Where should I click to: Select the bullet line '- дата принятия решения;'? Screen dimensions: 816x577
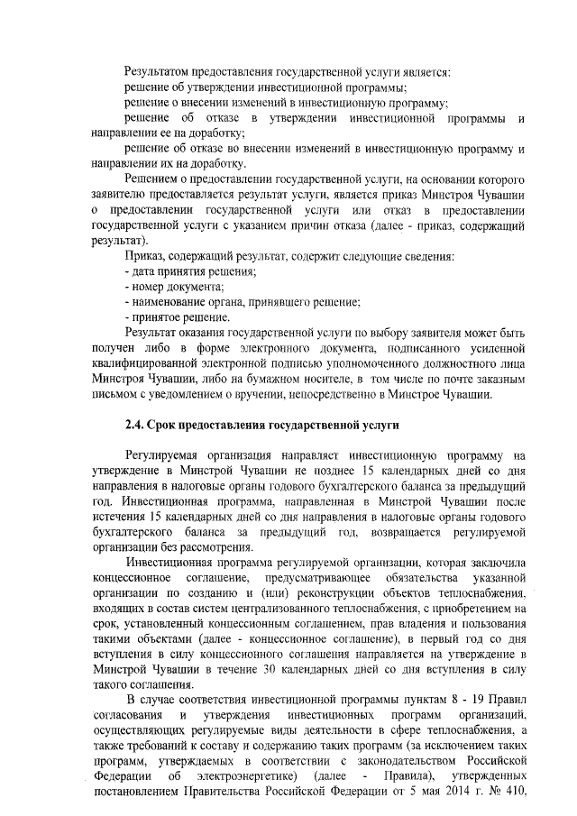[190, 271]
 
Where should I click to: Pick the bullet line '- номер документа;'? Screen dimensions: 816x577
[174, 286]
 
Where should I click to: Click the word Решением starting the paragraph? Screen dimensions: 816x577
[156, 179]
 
